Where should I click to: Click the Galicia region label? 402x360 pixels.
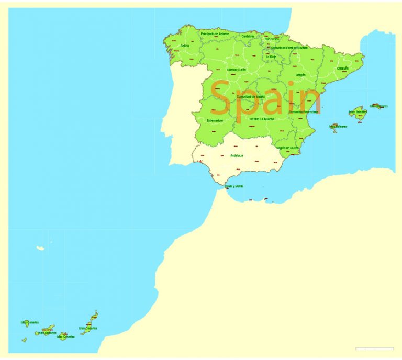[x=185, y=46]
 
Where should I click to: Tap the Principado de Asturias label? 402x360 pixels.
[x=215, y=34]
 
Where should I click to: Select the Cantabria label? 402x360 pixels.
[x=248, y=36]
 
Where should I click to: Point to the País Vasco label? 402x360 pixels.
[x=271, y=39]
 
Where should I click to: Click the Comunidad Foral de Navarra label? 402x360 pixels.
[x=289, y=48]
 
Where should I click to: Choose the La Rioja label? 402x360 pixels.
[x=271, y=57]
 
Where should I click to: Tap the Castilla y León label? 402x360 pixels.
[x=236, y=70]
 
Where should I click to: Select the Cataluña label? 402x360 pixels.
[x=343, y=68]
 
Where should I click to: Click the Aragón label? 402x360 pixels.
[x=300, y=75]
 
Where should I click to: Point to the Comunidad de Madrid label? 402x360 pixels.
[x=251, y=97]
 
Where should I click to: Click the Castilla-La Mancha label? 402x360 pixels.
[x=262, y=119]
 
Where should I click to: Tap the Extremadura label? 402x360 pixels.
[x=215, y=121]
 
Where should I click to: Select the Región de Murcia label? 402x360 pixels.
[x=287, y=148]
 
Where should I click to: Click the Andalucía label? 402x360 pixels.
[x=237, y=155]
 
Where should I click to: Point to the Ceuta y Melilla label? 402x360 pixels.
[x=234, y=186]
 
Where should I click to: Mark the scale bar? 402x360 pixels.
[x=374, y=349]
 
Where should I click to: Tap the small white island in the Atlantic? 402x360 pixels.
[x=40, y=248]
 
